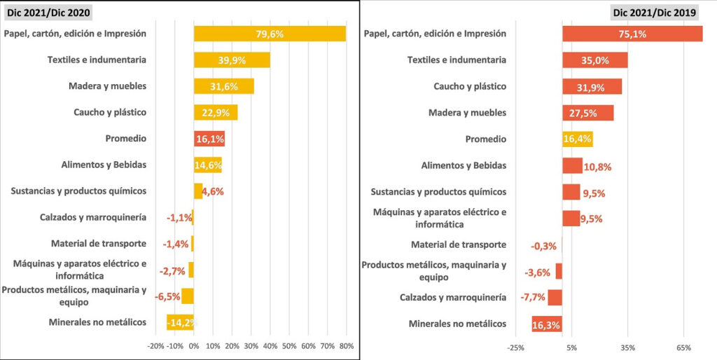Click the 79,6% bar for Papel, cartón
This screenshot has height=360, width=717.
click(x=270, y=34)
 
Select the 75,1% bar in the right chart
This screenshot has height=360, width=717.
click(x=632, y=34)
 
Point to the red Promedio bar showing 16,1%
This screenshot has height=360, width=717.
click(x=209, y=139)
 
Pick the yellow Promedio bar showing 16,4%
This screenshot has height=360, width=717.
click(x=578, y=139)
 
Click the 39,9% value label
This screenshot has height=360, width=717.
click(x=232, y=60)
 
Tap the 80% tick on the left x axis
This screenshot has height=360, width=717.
click(x=346, y=346)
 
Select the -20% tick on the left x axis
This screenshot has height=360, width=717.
click(x=156, y=346)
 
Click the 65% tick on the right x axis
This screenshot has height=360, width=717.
click(x=684, y=347)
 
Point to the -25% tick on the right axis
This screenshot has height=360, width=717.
click(x=515, y=347)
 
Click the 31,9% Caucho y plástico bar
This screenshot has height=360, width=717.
click(x=592, y=87)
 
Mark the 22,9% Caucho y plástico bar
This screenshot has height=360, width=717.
click(x=216, y=113)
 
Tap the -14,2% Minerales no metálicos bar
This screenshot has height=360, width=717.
click(x=181, y=322)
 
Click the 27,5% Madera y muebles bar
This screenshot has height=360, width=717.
click(x=588, y=113)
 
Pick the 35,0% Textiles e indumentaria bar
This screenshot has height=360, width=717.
click(x=594, y=60)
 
